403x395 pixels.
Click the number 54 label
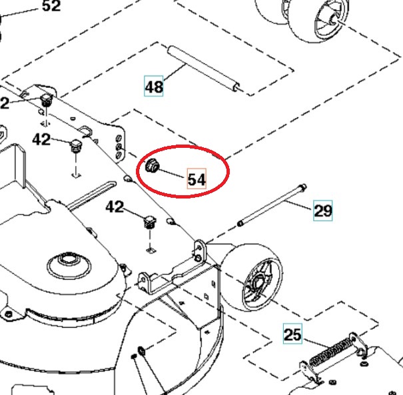[x=196, y=180]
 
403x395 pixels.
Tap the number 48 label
[x=154, y=87]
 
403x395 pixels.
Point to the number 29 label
[x=322, y=211]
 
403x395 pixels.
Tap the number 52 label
[x=51, y=7]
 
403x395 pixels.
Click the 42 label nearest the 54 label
[x=115, y=208]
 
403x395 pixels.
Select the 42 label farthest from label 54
[x=41, y=140]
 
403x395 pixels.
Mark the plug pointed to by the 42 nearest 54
[x=149, y=221]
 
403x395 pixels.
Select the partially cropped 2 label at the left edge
[x=4, y=103]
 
